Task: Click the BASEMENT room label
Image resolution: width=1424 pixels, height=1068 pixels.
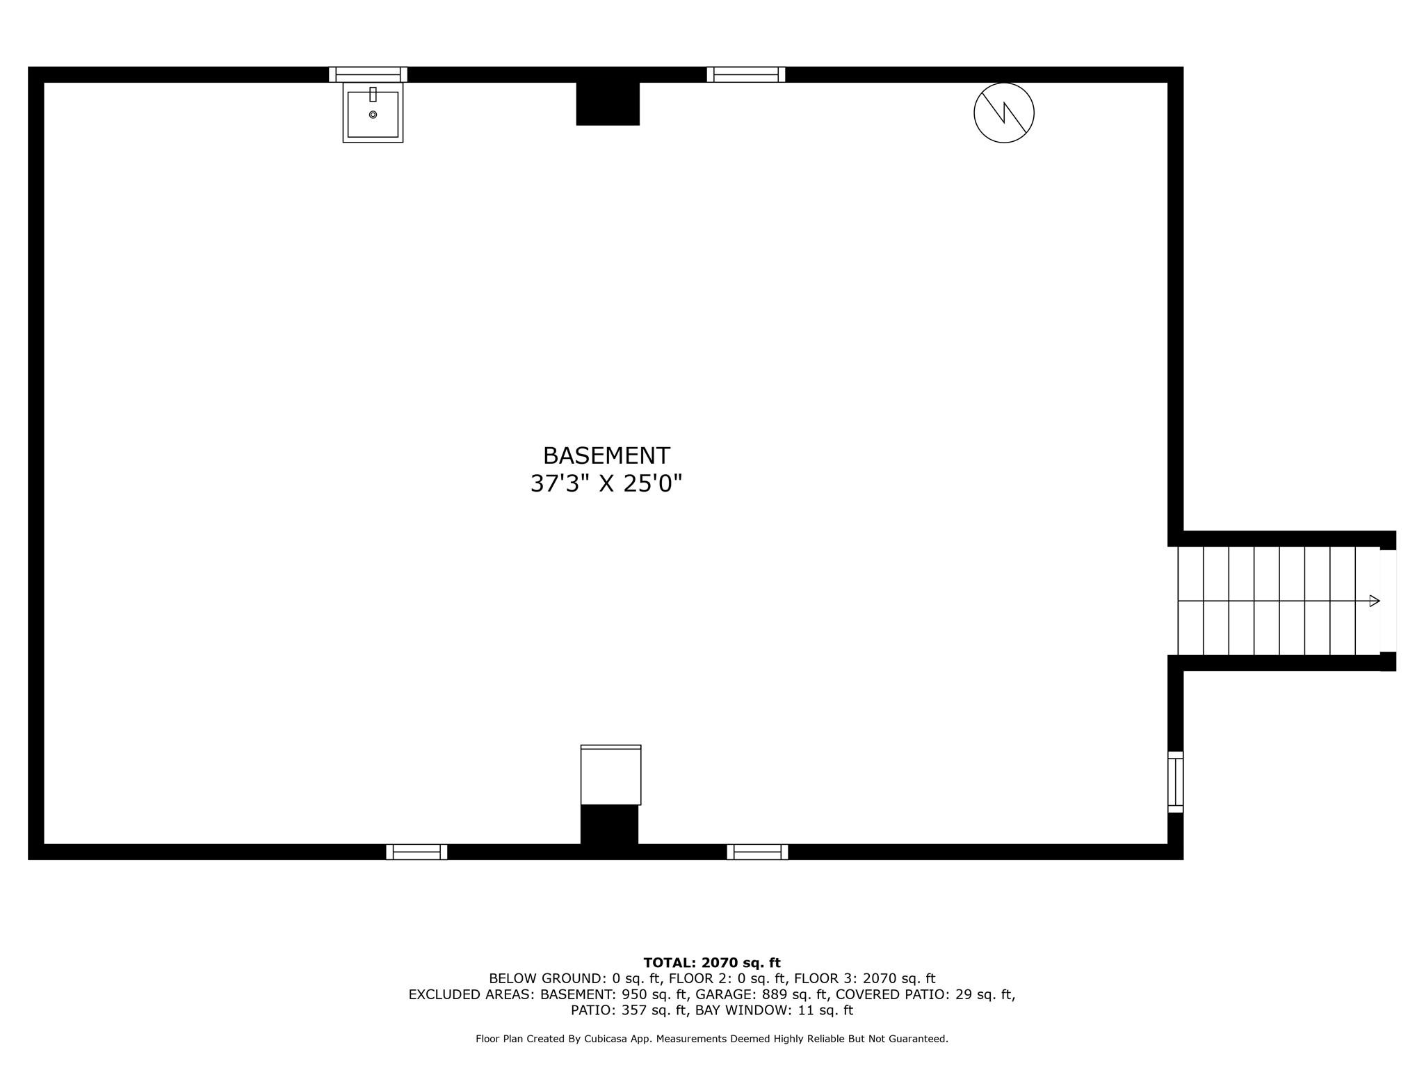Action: (x=606, y=456)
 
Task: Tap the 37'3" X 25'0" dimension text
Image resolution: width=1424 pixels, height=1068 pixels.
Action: (x=606, y=483)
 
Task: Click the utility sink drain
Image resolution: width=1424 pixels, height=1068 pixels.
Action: (x=373, y=115)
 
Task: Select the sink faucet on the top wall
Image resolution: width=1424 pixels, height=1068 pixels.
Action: (x=373, y=95)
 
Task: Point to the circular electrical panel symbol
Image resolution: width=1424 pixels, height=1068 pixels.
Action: (x=1004, y=113)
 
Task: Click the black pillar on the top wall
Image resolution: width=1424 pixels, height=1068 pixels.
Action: (x=608, y=104)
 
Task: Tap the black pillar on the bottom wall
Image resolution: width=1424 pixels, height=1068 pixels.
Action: (x=609, y=825)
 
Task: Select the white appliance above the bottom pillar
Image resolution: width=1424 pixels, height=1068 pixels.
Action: (x=610, y=775)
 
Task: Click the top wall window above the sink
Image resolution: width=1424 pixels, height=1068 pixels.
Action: (x=368, y=74)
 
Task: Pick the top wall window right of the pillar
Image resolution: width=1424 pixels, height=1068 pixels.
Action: (x=746, y=74)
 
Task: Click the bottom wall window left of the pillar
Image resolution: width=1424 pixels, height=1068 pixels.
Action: (x=416, y=852)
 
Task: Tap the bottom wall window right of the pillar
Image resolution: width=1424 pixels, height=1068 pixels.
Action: (x=757, y=852)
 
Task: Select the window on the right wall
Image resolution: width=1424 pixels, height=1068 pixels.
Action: (x=1175, y=782)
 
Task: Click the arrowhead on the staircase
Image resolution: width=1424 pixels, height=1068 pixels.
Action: (x=1375, y=601)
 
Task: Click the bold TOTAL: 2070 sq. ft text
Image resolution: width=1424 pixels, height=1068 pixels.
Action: (x=712, y=963)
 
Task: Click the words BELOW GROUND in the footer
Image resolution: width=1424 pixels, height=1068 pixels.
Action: (x=546, y=979)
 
